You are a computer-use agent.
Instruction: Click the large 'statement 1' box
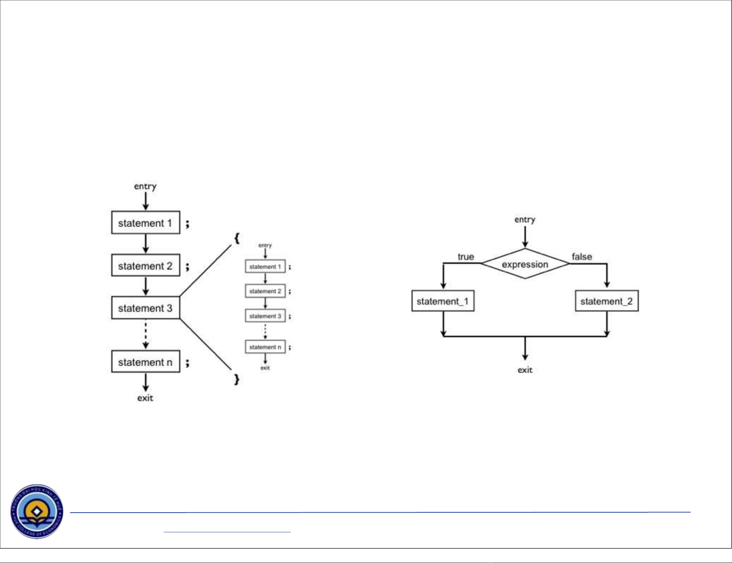pyautogui.click(x=145, y=223)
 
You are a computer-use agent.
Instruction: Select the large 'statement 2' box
pyautogui.click(x=145, y=265)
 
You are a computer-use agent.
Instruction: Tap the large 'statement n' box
pyautogui.click(x=145, y=362)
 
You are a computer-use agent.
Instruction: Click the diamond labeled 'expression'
pyautogui.click(x=525, y=264)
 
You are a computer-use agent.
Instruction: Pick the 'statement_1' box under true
pyautogui.click(x=443, y=301)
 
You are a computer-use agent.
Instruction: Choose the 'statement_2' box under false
pyautogui.click(x=607, y=301)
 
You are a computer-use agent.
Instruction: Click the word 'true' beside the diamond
pyautogui.click(x=465, y=257)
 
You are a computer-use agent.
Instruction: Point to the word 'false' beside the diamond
pyautogui.click(x=582, y=257)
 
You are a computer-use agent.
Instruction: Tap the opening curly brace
pyautogui.click(x=236, y=238)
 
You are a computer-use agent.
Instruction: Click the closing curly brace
pyautogui.click(x=236, y=379)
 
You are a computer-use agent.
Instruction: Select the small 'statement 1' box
pyautogui.click(x=265, y=266)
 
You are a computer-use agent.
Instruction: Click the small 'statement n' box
pyautogui.click(x=265, y=347)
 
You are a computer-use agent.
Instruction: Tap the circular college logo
pyautogui.click(x=37, y=512)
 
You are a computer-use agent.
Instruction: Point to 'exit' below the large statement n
pyautogui.click(x=145, y=398)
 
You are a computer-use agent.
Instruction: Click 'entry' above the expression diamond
pyautogui.click(x=525, y=219)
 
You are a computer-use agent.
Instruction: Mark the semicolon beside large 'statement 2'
pyautogui.click(x=187, y=266)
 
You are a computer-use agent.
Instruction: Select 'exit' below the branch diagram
pyautogui.click(x=525, y=370)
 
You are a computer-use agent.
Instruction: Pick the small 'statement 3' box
pyautogui.click(x=265, y=316)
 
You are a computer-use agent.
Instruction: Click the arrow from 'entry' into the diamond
pyautogui.click(x=525, y=237)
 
